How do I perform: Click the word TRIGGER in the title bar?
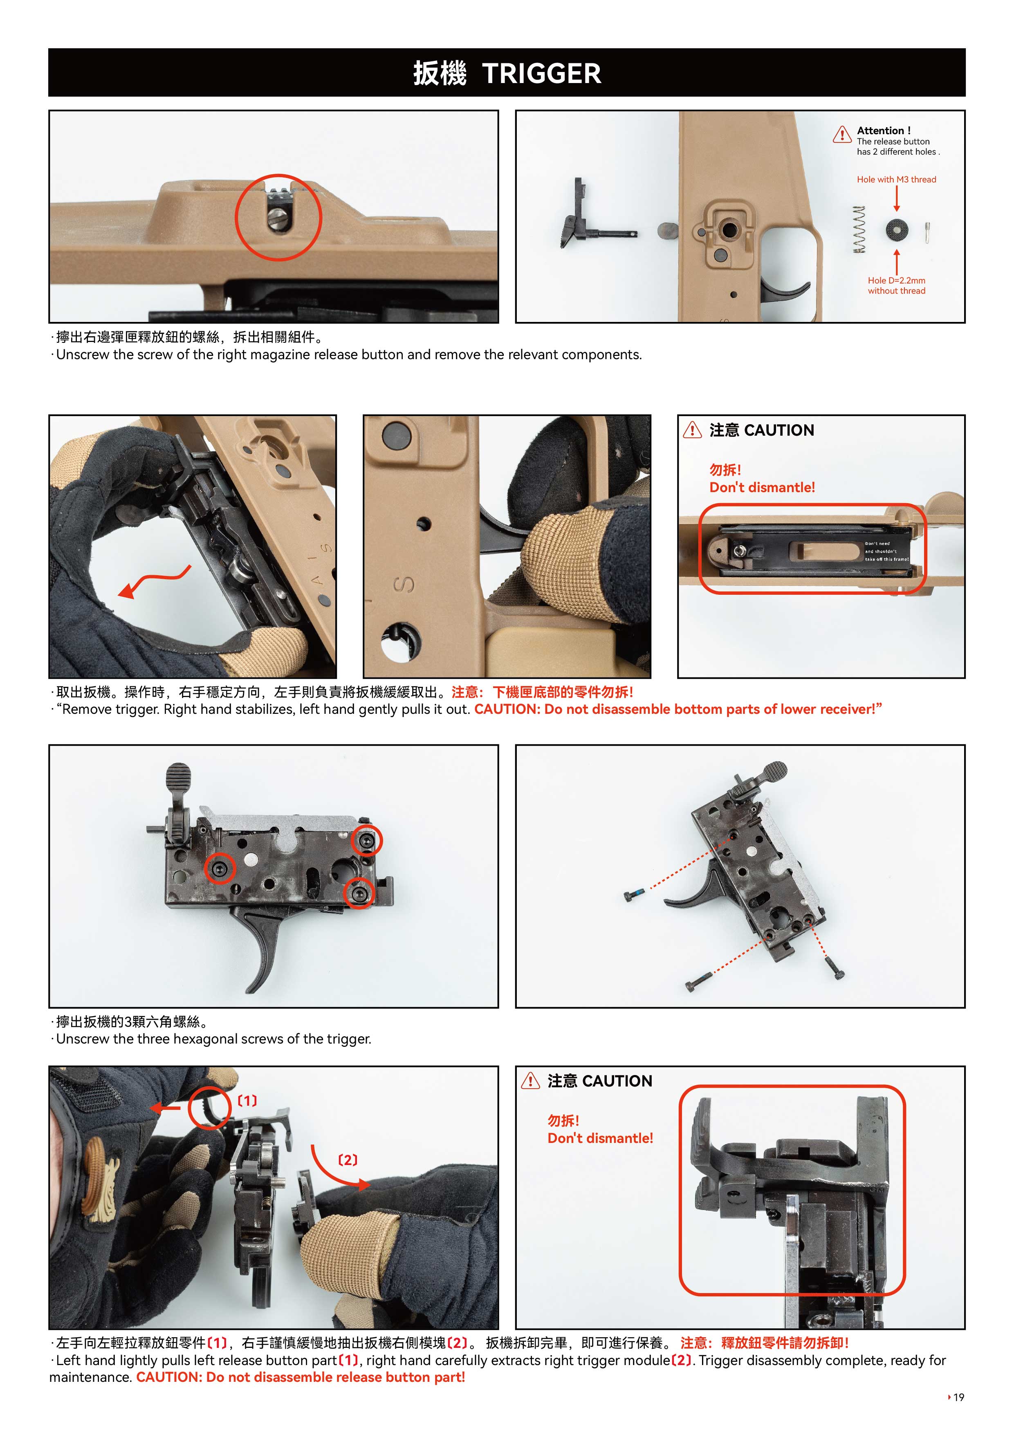coord(542,74)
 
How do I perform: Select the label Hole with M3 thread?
coord(897,179)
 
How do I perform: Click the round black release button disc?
coord(897,230)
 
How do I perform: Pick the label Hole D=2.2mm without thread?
coord(897,286)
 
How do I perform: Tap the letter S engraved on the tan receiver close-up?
coord(404,585)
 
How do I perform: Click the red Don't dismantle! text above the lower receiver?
coord(762,488)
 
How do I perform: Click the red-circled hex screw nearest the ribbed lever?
coord(220,868)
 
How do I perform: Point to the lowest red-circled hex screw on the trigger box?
coord(359,894)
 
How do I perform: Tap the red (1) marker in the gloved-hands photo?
coord(247,1101)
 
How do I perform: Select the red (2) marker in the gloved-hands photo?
coord(348,1160)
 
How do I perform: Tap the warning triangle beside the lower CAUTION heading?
coord(530,1081)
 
